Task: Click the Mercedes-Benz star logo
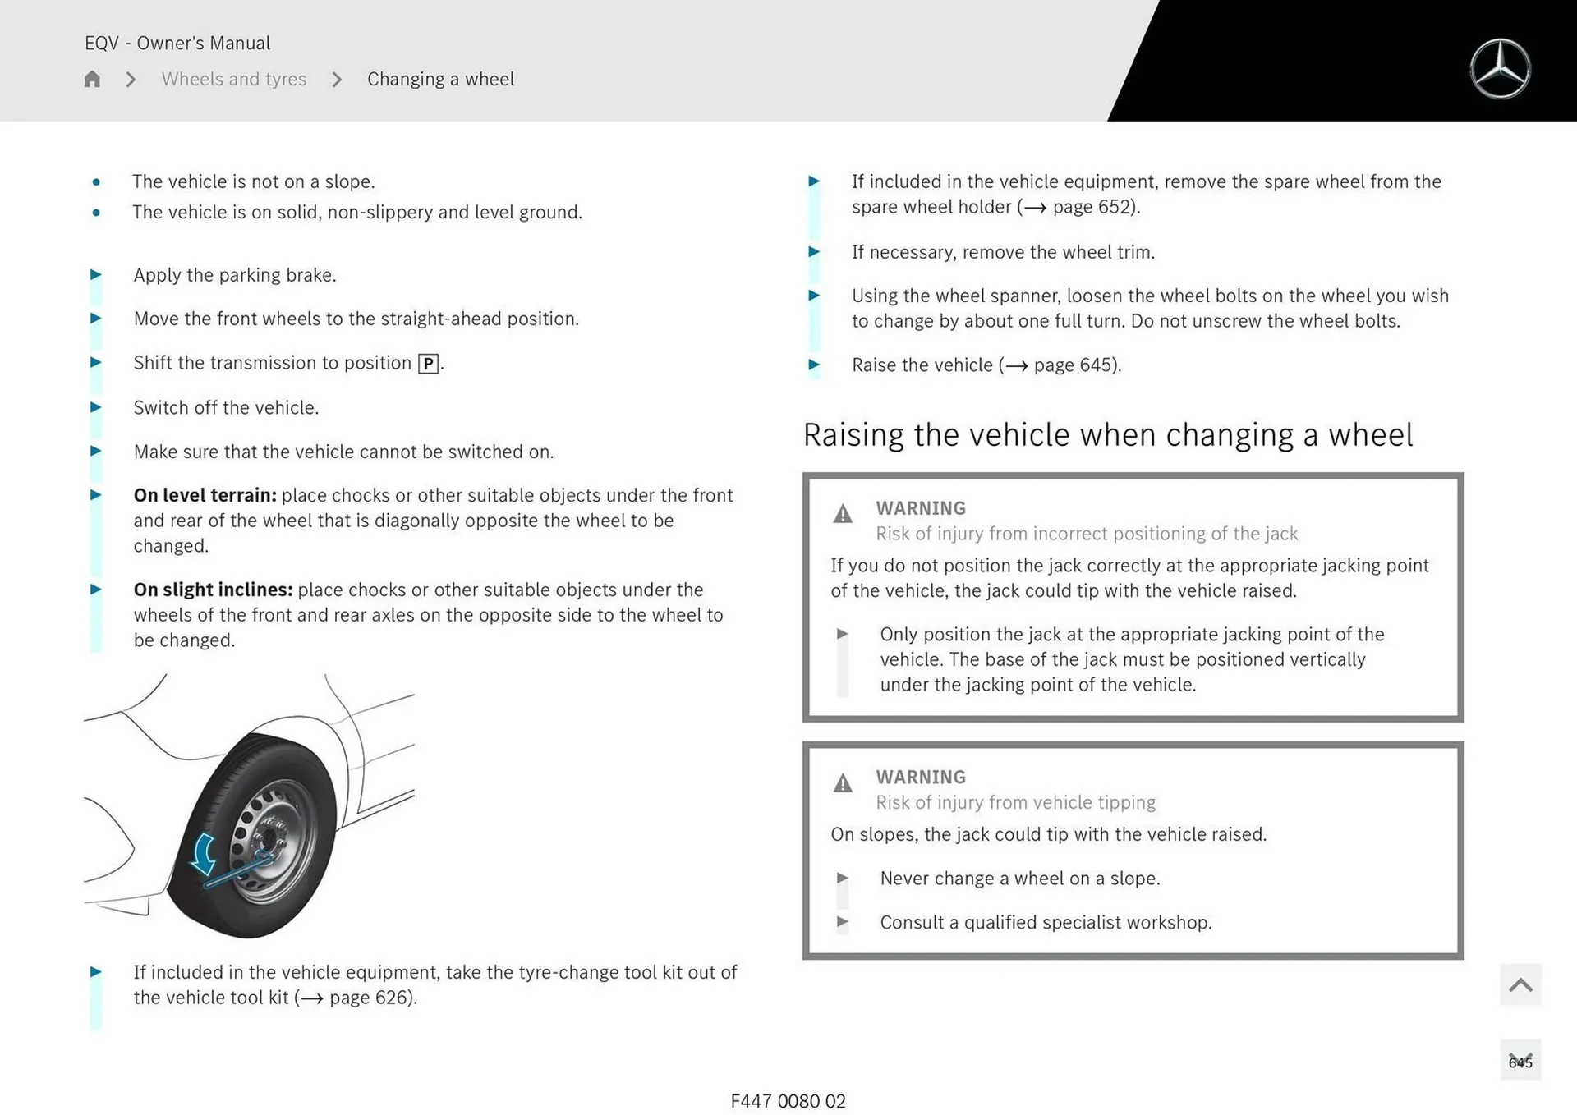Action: (1500, 69)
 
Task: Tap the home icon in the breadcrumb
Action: (92, 80)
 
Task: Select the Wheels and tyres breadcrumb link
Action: (233, 80)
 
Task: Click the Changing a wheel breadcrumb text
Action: (440, 80)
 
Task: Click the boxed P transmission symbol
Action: (428, 364)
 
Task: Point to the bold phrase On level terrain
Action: (205, 496)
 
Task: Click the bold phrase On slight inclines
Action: (213, 590)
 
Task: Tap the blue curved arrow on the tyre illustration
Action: (203, 854)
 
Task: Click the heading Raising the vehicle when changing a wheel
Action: (1107, 435)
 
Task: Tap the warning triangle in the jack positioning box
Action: (843, 515)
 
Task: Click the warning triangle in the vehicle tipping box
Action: (843, 783)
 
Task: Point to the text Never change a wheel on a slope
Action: (1019, 879)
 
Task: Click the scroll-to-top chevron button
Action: (1520, 984)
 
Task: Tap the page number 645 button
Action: (1520, 1062)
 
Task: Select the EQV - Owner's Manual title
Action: (177, 44)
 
